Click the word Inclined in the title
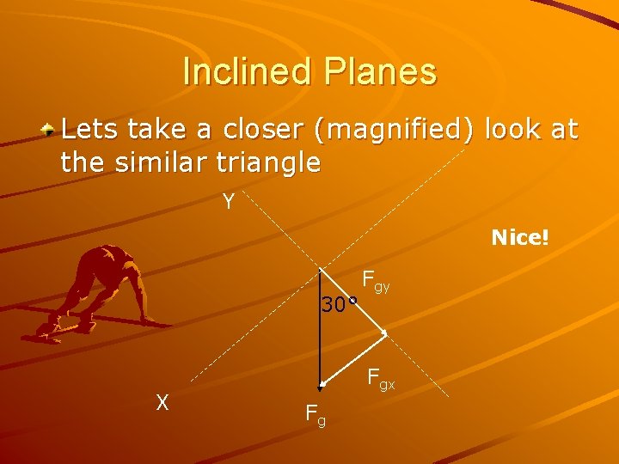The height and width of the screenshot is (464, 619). [x=248, y=71]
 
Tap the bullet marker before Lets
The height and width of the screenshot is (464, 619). [x=51, y=131]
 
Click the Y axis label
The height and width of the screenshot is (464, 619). [x=228, y=202]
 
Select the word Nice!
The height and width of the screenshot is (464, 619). [x=519, y=237]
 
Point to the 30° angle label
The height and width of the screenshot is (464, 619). [x=338, y=304]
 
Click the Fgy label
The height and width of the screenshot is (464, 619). [x=376, y=280]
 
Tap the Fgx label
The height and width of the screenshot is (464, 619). [x=381, y=378]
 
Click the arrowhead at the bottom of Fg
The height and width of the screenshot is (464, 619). [x=320, y=386]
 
